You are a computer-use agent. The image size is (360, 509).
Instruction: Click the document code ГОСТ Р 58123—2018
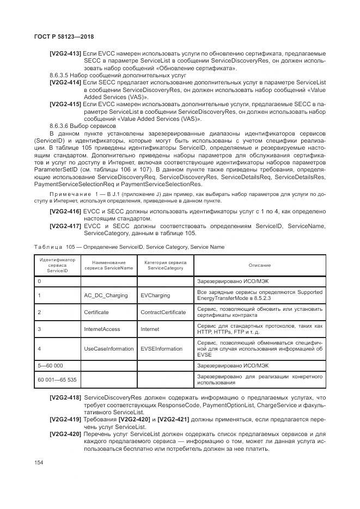[56, 36]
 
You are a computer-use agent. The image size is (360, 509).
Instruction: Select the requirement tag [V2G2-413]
[65, 53]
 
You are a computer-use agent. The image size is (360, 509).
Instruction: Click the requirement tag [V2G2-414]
[65, 82]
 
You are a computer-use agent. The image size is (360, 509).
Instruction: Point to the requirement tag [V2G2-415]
[65, 103]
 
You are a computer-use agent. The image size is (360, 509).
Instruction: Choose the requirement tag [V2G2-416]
[65, 211]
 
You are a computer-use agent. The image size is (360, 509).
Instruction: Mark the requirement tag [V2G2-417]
[65, 225]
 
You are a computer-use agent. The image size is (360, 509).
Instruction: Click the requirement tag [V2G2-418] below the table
[65, 398]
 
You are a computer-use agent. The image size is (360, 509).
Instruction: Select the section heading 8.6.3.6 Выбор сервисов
[82, 125]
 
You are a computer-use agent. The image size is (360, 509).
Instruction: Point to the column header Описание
[259, 265]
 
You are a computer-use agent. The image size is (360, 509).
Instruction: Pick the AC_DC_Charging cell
[106, 296]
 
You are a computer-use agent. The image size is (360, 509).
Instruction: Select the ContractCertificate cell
[163, 312]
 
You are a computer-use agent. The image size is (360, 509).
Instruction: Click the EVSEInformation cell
[161, 348]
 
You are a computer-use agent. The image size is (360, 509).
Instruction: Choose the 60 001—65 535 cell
[56, 379]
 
